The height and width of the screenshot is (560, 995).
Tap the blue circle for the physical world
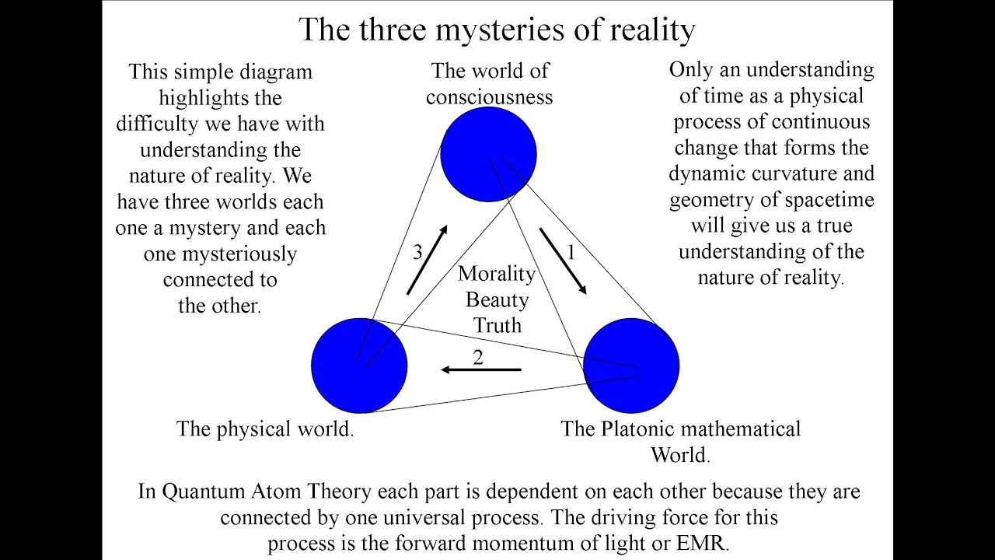coord(359,365)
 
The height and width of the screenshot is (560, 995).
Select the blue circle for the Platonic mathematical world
coord(631,365)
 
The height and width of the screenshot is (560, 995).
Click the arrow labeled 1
coord(564,261)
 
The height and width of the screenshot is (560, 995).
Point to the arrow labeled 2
coord(480,369)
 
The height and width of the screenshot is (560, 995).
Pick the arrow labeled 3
coord(428,260)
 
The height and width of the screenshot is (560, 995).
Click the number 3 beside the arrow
coord(417,252)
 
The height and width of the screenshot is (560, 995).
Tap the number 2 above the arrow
coord(478,357)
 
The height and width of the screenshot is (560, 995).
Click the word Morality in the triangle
coord(497,274)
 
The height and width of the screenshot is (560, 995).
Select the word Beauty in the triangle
coord(497,299)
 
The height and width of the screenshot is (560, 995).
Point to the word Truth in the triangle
coord(497,325)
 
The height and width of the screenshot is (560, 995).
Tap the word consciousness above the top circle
coord(489,96)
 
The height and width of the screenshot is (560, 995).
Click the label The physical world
coord(265,429)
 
